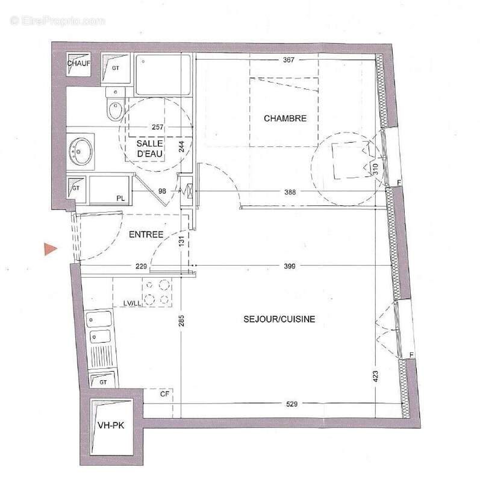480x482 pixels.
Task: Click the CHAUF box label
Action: pos(78,63)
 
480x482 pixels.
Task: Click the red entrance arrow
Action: pos(50,249)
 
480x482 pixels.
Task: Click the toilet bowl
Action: pos(113,109)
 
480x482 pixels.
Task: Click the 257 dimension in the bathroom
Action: pos(158,128)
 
